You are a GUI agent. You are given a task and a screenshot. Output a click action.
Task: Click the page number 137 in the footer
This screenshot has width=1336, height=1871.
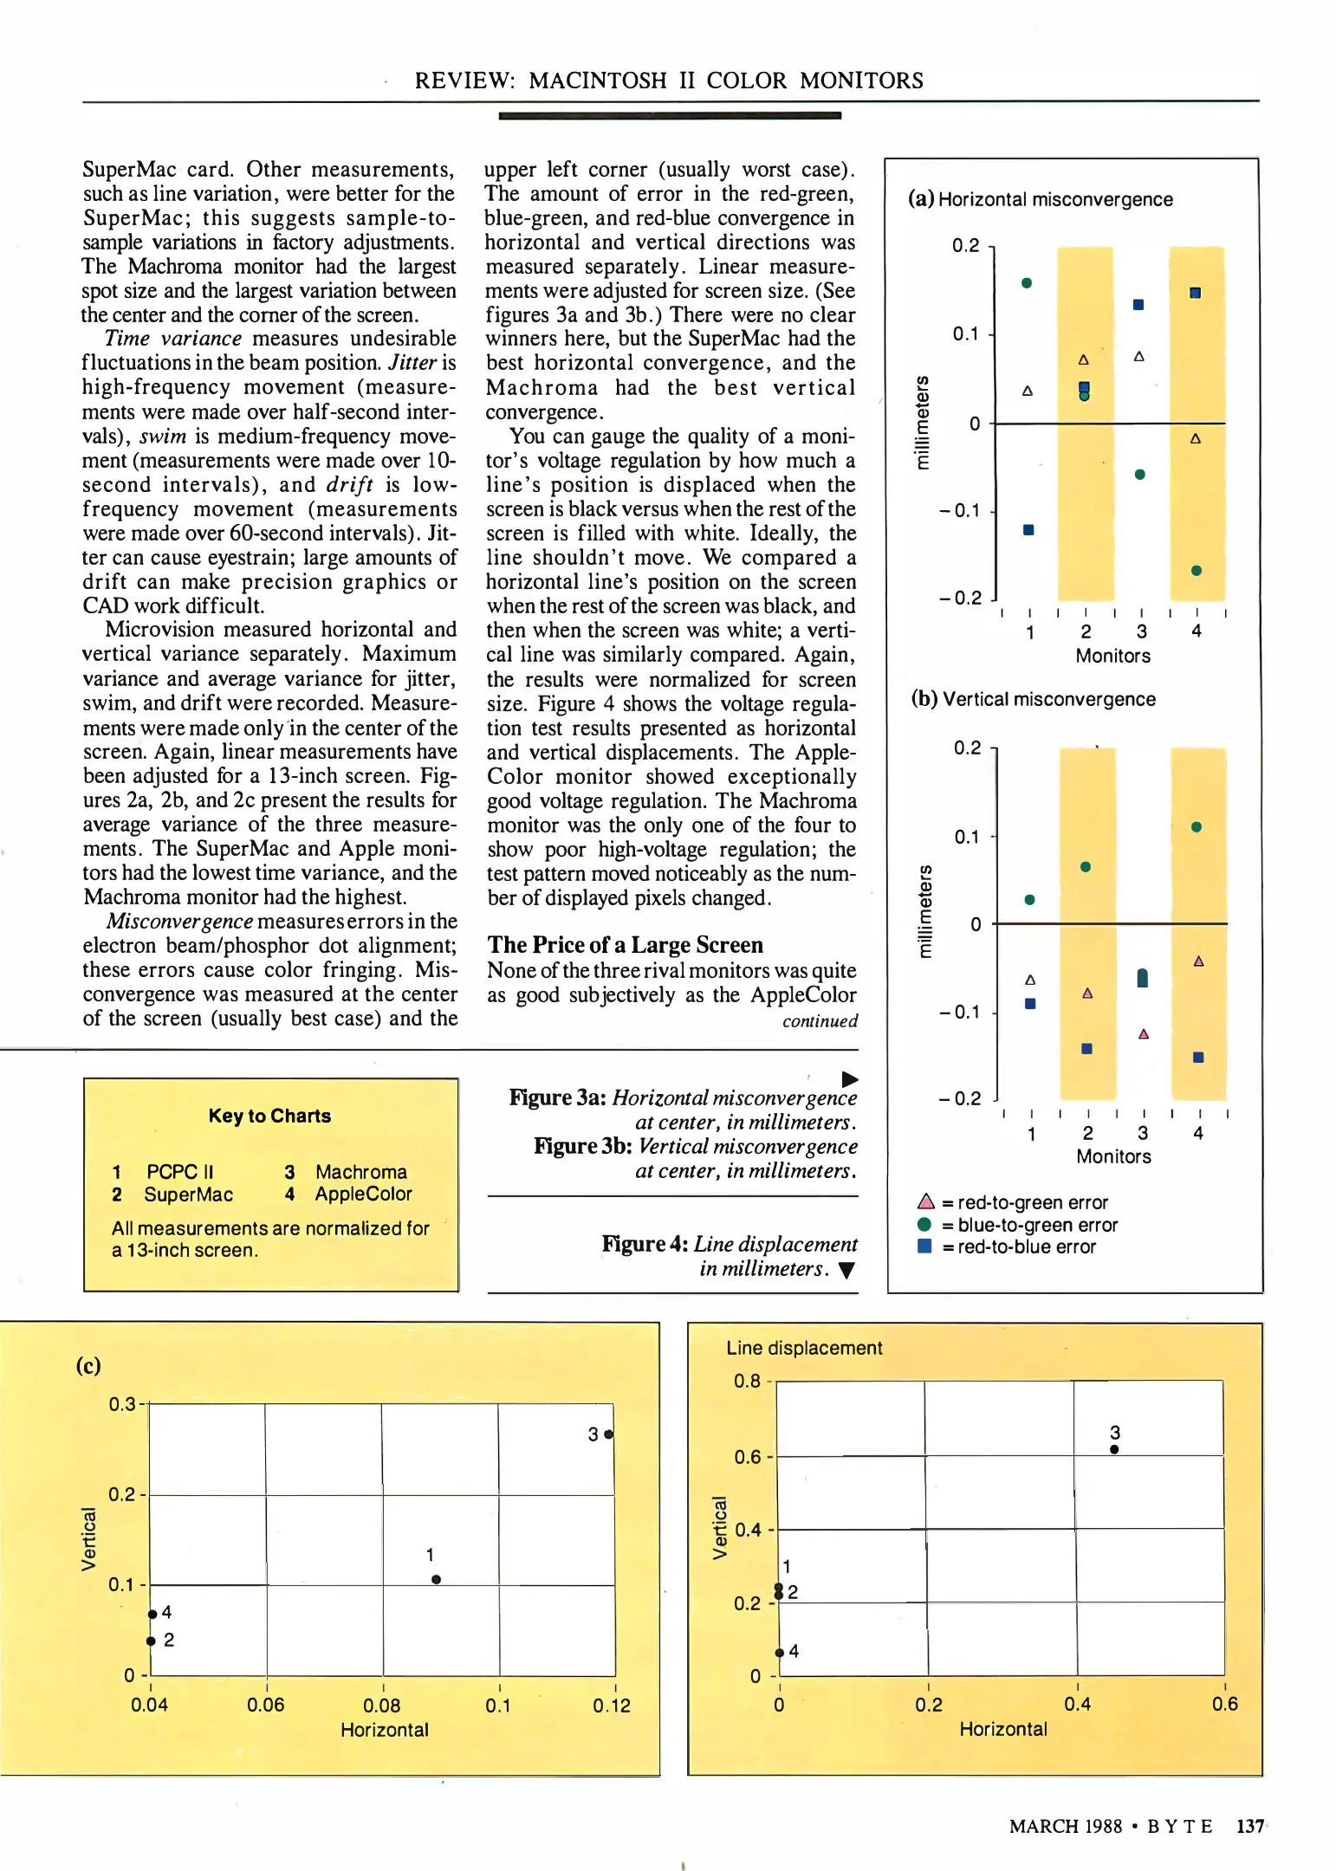pos(1248,1826)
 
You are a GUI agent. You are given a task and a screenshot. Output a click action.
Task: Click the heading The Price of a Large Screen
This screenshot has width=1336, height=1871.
pos(625,944)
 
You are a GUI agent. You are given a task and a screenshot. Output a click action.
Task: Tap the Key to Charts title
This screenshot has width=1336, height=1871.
pos(269,1116)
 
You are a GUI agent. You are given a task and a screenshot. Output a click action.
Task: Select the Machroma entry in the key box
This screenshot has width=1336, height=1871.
pos(360,1172)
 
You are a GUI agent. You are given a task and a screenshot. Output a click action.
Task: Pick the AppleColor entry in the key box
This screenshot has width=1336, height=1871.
pos(363,1194)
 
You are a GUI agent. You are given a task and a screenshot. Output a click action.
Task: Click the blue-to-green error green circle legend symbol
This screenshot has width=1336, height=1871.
pos(924,1224)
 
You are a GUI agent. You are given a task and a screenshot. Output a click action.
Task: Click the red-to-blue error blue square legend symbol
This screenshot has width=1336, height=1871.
pos(924,1246)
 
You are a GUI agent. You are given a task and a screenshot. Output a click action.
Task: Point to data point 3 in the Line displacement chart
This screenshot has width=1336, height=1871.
pos(1114,1449)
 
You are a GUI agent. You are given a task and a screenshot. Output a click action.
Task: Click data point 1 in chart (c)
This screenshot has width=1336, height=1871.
pos(436,1579)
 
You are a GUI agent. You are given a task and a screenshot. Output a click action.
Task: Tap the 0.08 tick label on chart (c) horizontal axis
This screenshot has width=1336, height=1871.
pos(381,1705)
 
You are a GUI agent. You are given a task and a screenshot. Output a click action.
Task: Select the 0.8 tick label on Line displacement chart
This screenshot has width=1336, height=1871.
pos(747,1381)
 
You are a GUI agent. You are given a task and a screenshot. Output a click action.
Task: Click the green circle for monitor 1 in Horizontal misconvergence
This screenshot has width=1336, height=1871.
pos(1027,283)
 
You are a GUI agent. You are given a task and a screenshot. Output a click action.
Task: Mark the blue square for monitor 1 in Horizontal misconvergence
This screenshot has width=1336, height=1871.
pos(1028,530)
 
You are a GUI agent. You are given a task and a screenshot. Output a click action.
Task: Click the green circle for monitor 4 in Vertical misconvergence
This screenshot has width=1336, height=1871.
pos(1197,827)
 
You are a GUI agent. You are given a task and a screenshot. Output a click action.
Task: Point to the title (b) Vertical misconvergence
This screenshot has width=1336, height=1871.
pos(1033,699)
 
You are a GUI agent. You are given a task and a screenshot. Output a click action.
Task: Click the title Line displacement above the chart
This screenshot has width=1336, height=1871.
pos(804,1348)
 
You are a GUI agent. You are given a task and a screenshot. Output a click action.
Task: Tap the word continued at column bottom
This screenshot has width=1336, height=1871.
pos(820,1021)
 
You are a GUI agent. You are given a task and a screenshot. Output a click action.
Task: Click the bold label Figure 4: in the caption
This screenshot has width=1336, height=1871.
pos(645,1244)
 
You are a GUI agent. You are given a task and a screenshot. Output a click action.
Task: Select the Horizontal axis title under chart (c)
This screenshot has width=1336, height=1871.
pos(384,1730)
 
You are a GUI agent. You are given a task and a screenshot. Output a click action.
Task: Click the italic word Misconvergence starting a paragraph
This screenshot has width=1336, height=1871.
pos(179,921)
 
